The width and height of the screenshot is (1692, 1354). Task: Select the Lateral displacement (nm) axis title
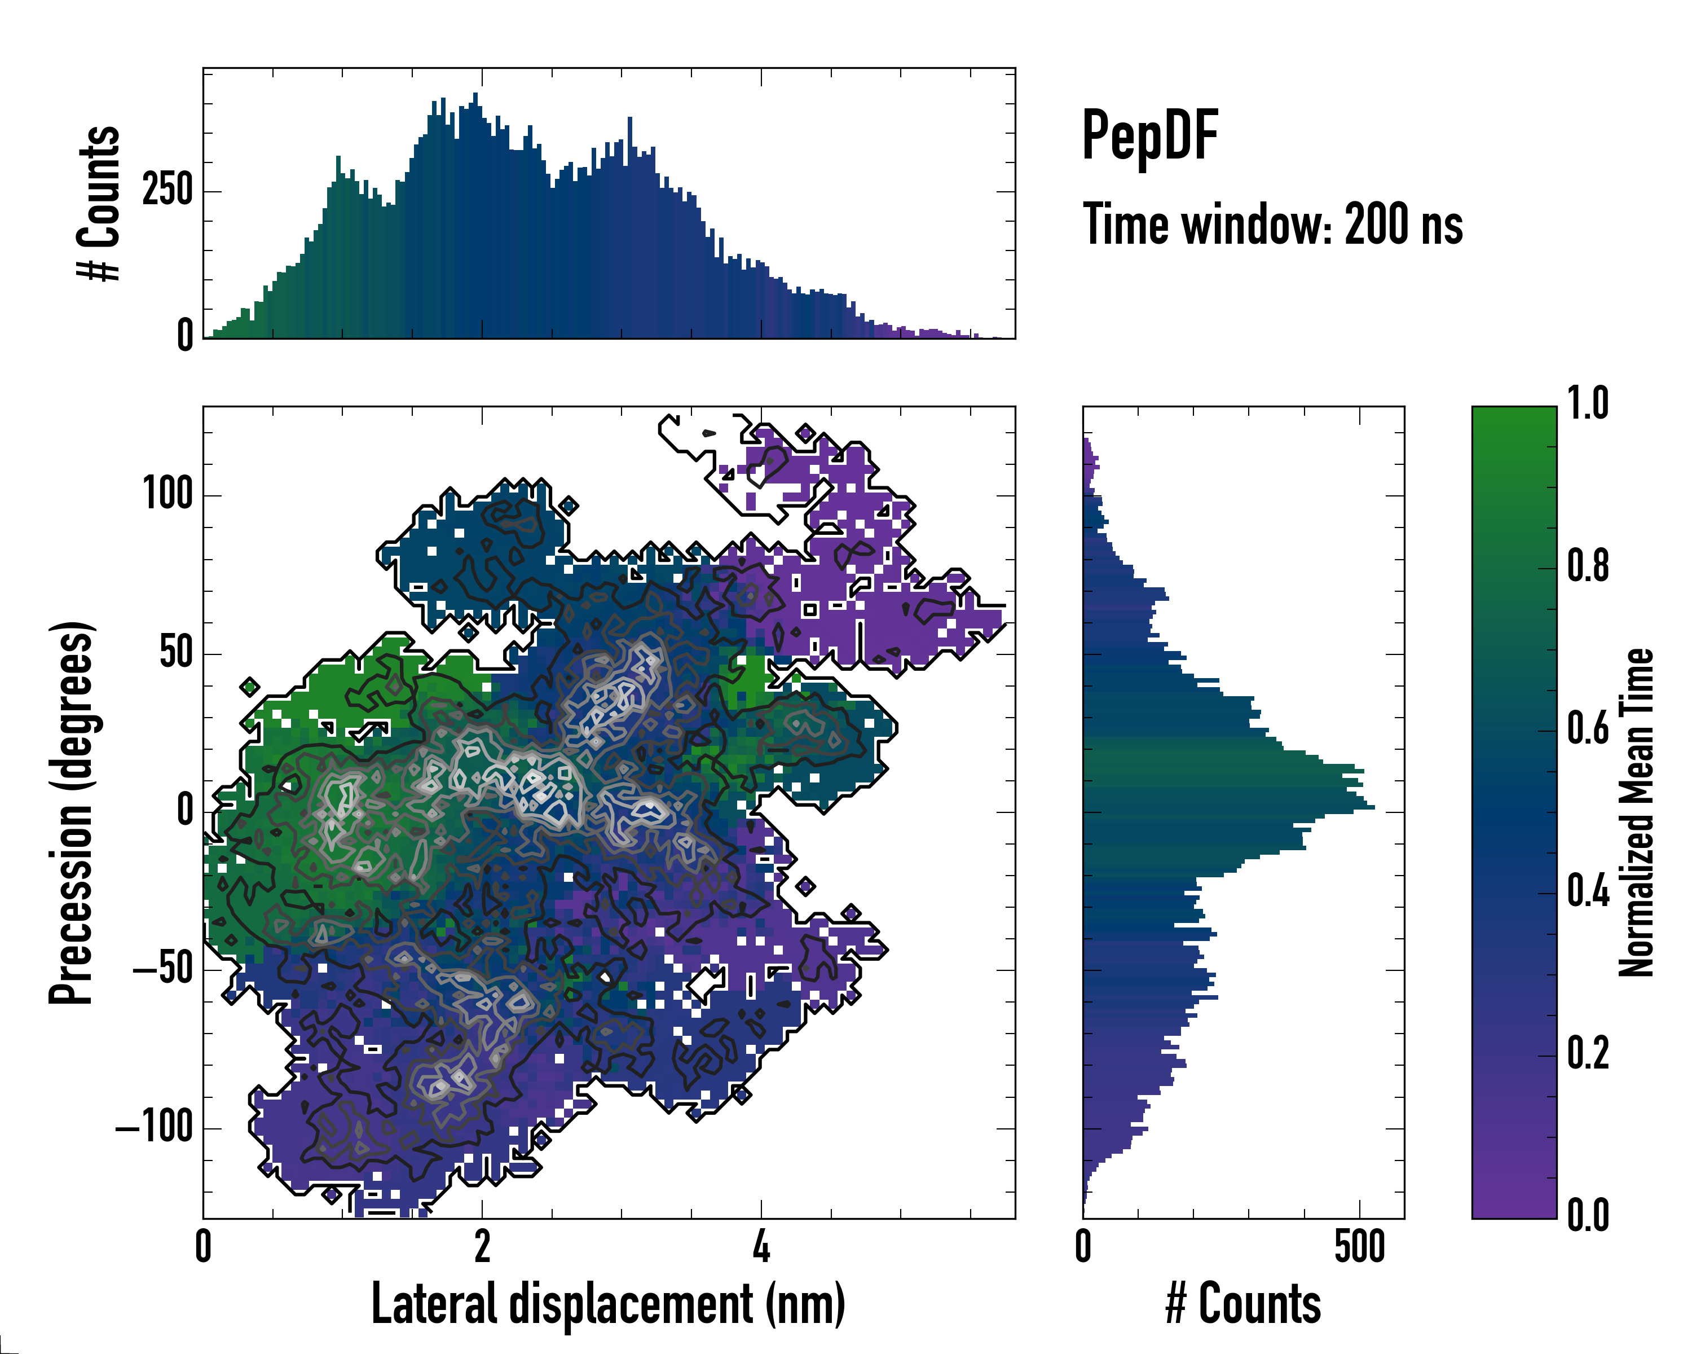click(x=608, y=1304)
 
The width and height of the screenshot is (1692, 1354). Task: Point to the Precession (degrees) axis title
click(x=72, y=812)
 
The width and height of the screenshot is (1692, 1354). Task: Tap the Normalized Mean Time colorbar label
click(x=1636, y=812)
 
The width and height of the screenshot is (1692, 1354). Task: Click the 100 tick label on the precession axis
click(x=167, y=495)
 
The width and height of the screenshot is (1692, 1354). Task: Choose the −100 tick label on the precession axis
click(x=154, y=1128)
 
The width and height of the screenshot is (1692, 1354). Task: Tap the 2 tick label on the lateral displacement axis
click(x=482, y=1246)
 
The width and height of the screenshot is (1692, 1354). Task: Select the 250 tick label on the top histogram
click(x=167, y=190)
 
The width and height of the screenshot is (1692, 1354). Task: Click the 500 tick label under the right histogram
click(x=1359, y=1246)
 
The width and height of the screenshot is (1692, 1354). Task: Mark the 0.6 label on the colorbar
click(x=1588, y=728)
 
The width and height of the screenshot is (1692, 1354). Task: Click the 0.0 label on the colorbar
click(x=1588, y=1215)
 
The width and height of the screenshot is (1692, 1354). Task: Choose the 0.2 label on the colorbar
click(x=1588, y=1053)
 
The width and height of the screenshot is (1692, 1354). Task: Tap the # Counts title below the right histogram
click(x=1243, y=1304)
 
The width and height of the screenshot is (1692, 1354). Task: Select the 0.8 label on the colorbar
click(x=1588, y=566)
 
